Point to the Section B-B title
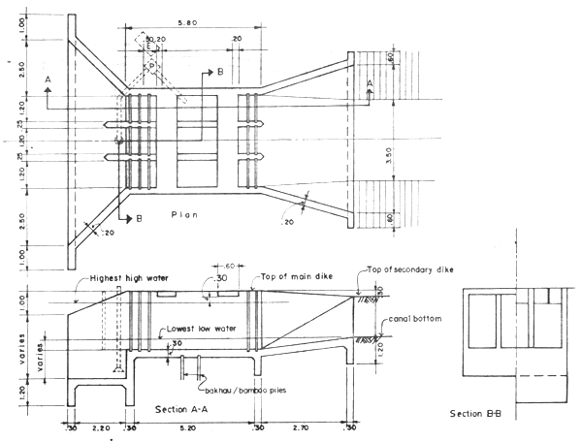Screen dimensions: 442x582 [x=482, y=414]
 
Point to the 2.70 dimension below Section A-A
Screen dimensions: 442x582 [x=302, y=426]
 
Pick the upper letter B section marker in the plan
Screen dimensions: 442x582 [x=220, y=73]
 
